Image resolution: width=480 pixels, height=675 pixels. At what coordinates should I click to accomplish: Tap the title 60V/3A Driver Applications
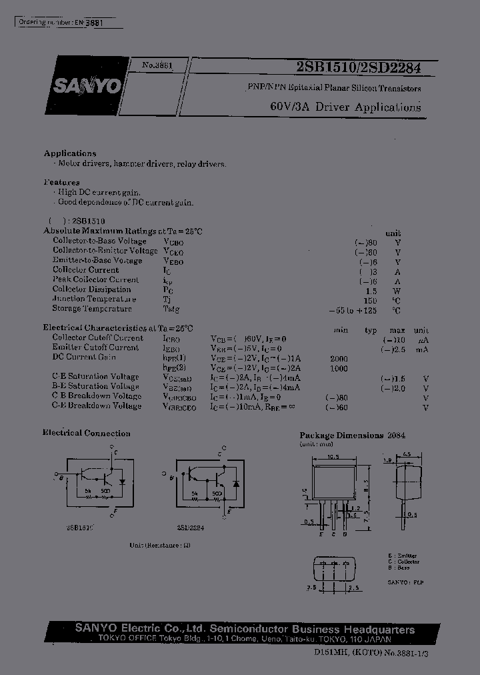coord(345,107)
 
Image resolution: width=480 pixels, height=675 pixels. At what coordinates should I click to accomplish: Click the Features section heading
coord(62,182)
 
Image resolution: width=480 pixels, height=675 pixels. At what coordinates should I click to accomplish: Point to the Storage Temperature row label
coord(92,309)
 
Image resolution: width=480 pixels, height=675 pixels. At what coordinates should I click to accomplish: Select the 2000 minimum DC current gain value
coord(339,358)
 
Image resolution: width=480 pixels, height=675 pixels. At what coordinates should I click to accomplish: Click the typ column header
coord(371,330)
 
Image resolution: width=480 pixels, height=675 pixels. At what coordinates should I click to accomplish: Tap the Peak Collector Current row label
coord(95,280)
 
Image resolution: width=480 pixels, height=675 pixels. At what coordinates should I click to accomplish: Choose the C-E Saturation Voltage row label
coord(95,377)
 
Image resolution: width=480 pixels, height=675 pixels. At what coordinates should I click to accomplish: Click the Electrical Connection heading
coord(87,434)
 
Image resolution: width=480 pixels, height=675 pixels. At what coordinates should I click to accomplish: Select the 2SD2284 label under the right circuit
coord(191,527)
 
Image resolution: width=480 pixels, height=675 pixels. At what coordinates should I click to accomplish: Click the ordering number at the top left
coord(60,22)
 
